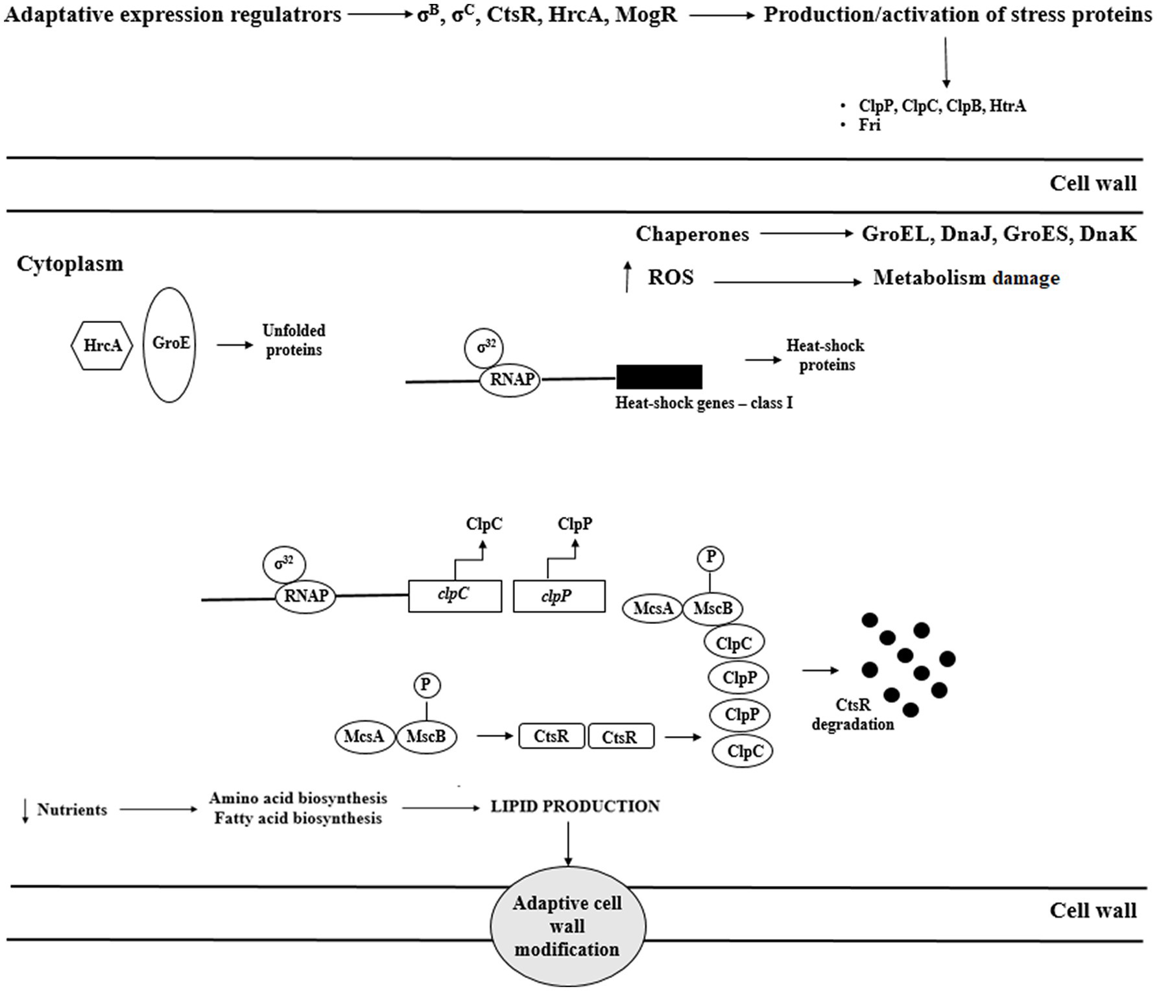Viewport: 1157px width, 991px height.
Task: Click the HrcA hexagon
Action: (102, 345)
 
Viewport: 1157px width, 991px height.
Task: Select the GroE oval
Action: (170, 345)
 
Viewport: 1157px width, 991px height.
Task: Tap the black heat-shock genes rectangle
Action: (659, 377)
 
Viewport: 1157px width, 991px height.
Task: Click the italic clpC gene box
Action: (455, 595)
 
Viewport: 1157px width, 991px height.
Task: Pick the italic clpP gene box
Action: (559, 595)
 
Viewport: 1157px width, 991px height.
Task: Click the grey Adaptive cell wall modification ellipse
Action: (568, 926)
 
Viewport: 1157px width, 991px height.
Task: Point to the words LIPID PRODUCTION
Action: (575, 806)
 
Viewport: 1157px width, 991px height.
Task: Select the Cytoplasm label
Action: (70, 264)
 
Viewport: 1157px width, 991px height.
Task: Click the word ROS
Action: (671, 278)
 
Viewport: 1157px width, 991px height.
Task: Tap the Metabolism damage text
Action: (966, 278)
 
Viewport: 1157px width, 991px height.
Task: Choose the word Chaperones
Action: (692, 234)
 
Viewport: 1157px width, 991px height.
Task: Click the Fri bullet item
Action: (870, 125)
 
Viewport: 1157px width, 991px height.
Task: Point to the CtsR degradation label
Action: (853, 715)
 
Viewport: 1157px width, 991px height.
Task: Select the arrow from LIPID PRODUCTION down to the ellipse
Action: (568, 844)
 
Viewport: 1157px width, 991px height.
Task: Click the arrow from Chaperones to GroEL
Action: (807, 233)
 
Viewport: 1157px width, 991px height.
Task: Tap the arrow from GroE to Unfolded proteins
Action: (235, 345)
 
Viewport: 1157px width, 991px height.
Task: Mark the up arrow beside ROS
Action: (626, 277)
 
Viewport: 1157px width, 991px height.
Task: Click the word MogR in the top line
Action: (646, 14)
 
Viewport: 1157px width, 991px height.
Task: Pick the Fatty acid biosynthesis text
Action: (298, 818)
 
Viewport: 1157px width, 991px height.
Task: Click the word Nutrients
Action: (72, 809)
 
